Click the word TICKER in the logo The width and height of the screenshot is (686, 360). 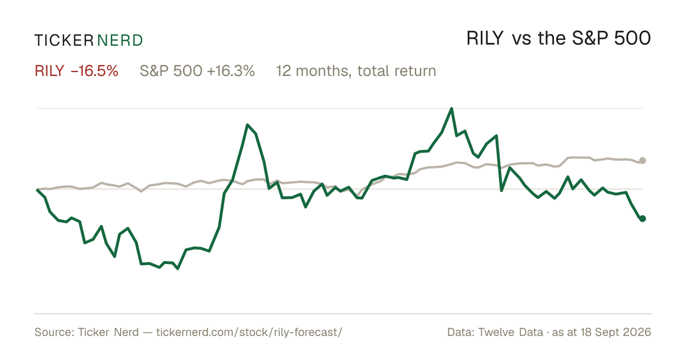[x=64, y=41]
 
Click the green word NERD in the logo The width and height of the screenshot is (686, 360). [x=120, y=41]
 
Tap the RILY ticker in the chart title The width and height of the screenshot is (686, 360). [x=485, y=38]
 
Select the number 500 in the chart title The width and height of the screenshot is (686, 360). [x=632, y=38]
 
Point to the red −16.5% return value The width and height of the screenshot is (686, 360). [x=94, y=71]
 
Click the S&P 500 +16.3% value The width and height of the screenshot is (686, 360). [x=197, y=71]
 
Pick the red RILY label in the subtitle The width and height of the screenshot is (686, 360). [x=49, y=71]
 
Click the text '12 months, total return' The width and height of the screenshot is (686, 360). [x=356, y=71]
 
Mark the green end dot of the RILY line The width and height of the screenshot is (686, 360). [x=643, y=218]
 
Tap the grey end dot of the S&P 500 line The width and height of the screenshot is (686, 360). [x=643, y=161]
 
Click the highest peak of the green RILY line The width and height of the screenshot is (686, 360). [x=452, y=109]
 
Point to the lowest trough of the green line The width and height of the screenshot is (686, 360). [x=178, y=269]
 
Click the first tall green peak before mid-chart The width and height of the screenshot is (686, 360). [x=247, y=125]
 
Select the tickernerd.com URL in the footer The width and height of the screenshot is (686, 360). [x=249, y=332]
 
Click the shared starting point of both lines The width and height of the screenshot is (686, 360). [x=37, y=190]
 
